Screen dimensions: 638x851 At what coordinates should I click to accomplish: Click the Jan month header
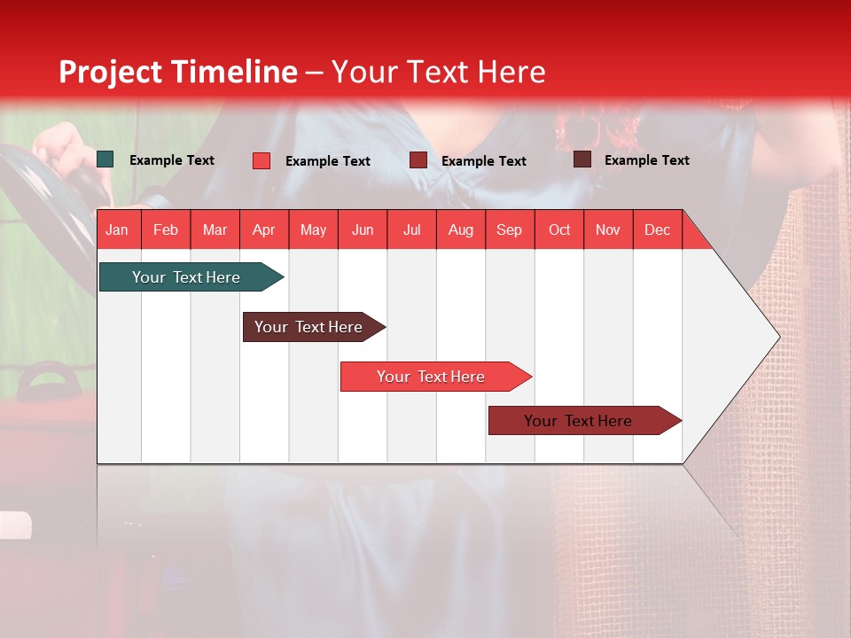[x=117, y=230]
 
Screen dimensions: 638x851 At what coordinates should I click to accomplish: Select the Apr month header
[x=263, y=230]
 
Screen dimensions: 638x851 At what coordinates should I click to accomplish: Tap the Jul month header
[x=411, y=230]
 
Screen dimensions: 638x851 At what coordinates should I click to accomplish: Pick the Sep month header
[x=509, y=230]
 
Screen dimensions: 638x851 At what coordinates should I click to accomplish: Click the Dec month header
[x=657, y=230]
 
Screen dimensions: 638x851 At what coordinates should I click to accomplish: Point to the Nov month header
[x=607, y=230]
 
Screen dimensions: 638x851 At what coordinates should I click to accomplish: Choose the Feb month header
[x=166, y=230]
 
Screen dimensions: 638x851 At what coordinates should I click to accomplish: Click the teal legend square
[x=105, y=159]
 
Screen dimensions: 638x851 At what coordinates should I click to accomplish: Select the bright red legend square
[x=262, y=160]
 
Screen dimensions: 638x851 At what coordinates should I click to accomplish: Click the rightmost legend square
[x=582, y=159]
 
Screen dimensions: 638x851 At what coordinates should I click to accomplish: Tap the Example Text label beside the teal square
[x=171, y=160]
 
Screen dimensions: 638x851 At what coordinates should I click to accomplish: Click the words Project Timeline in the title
[x=178, y=72]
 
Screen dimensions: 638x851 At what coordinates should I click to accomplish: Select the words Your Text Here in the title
[x=438, y=72]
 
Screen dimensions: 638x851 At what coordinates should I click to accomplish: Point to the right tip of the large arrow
[x=777, y=337]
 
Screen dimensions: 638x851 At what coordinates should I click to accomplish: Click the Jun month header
[x=362, y=230]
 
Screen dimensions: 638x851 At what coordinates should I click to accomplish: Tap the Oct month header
[x=558, y=230]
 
